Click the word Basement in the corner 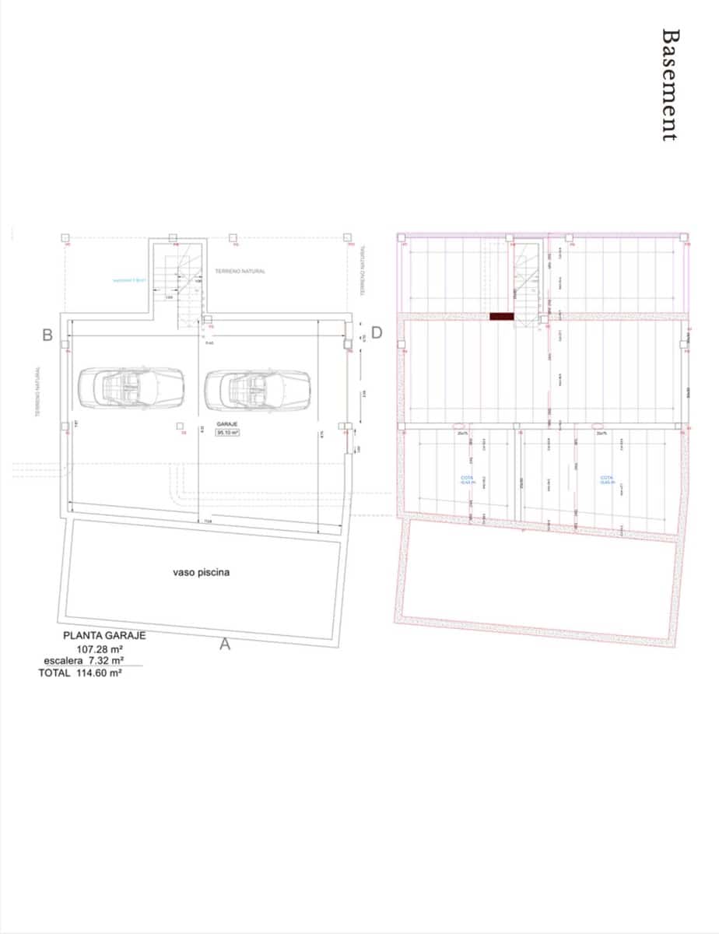(x=668, y=85)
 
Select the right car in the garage (x=258, y=387)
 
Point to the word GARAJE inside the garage (x=226, y=423)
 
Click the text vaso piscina (x=201, y=572)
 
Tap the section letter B (x=47, y=335)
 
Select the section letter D (x=377, y=332)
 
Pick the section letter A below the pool (x=226, y=644)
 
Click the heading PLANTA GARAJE (x=104, y=635)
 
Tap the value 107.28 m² (x=100, y=648)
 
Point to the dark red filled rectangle (x=502, y=317)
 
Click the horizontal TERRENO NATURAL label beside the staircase (x=240, y=271)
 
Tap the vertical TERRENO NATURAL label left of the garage (x=37, y=393)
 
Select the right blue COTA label (x=608, y=480)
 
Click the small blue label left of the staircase (x=129, y=280)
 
